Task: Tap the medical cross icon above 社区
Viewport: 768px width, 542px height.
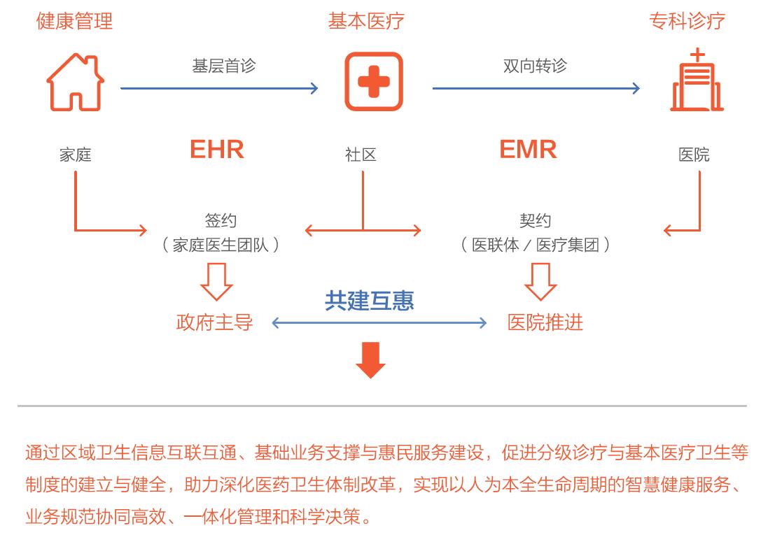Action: coord(374,82)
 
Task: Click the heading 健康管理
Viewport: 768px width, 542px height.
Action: coord(74,21)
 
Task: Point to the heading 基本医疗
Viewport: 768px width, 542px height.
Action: coord(366,21)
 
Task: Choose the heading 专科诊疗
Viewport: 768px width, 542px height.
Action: coord(687,21)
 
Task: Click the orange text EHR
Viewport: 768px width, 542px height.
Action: coord(217,150)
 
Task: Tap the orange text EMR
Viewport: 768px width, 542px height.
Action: coord(528,150)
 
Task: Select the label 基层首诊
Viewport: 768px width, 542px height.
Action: coord(224,66)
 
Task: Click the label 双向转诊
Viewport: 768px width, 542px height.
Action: coord(535,66)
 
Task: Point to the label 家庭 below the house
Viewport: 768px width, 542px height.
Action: coord(75,155)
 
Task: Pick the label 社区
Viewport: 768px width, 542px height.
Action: coord(361,155)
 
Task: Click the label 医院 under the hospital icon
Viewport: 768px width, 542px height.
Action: coord(694,155)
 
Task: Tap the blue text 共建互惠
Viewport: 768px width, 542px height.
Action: coord(369,300)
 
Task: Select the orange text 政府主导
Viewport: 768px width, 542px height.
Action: coord(214,322)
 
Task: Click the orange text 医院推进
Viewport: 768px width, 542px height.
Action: coord(545,322)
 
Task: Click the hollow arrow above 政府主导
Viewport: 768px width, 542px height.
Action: coord(216,281)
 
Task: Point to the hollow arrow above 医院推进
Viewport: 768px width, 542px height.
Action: coord(540,281)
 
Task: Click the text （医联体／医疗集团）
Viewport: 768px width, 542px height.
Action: coord(535,245)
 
